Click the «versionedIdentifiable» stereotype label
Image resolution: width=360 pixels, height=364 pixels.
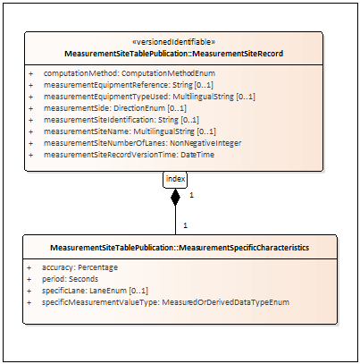(x=173, y=42)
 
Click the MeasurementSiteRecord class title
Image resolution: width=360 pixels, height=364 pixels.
(x=174, y=54)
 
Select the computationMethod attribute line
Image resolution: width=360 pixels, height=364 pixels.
(x=130, y=73)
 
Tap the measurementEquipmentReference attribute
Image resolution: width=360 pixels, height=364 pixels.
(x=129, y=85)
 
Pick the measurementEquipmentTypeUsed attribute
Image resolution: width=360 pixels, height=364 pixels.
(x=149, y=97)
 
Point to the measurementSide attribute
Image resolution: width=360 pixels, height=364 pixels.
(x=115, y=108)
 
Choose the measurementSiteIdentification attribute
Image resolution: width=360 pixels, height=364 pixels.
(x=121, y=120)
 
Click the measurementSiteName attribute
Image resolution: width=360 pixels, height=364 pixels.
(x=130, y=131)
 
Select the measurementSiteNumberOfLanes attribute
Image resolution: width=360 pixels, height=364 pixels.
(x=142, y=143)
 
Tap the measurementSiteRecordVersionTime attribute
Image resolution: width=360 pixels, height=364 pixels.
(x=129, y=155)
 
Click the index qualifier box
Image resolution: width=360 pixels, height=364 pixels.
(x=175, y=180)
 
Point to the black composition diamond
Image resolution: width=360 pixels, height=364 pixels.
(x=175, y=197)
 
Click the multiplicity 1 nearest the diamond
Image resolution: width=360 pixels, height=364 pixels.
(x=191, y=195)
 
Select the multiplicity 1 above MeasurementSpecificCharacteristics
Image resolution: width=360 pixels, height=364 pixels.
(x=185, y=225)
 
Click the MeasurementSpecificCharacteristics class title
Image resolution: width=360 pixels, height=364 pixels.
(x=180, y=248)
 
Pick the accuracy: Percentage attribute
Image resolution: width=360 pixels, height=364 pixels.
(x=80, y=267)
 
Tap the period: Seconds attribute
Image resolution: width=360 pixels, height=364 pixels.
(x=70, y=279)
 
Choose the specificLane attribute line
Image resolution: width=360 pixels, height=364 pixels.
(x=95, y=291)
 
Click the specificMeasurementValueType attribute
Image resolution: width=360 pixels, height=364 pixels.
(x=165, y=302)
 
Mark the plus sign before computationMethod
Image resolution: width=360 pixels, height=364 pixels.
(x=30, y=73)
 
